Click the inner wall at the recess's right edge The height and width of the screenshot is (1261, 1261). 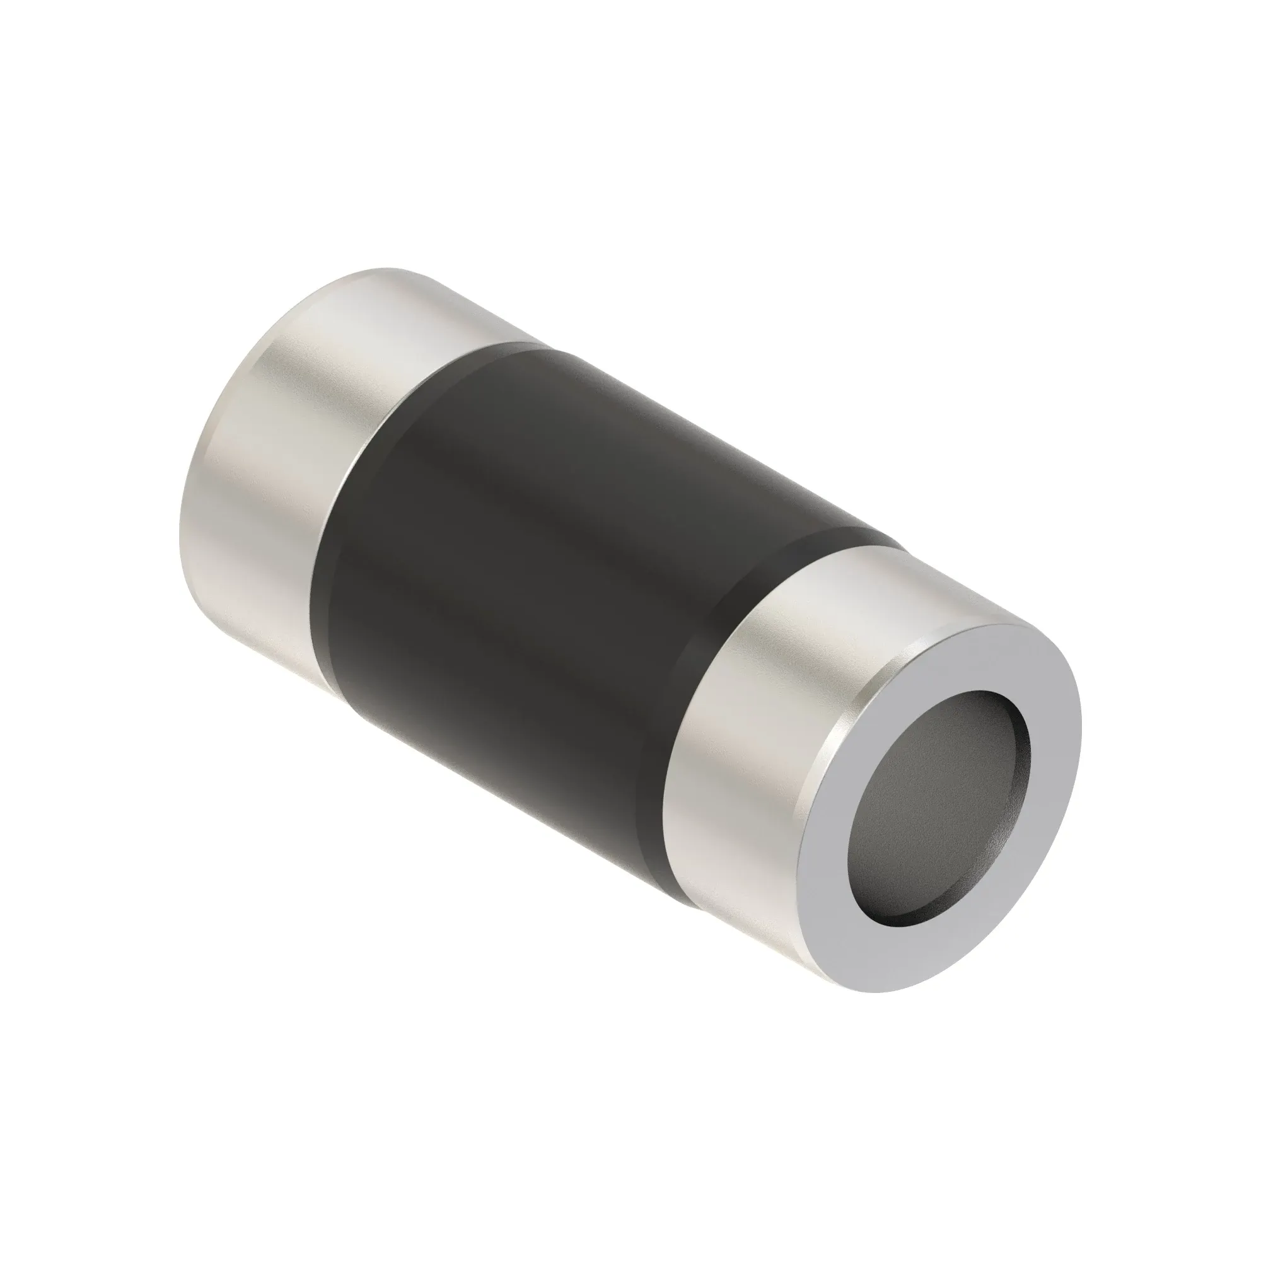(1023, 770)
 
